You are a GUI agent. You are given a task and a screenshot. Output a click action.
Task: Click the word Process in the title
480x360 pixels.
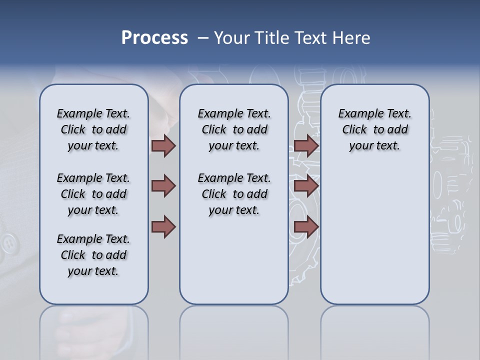[x=154, y=38]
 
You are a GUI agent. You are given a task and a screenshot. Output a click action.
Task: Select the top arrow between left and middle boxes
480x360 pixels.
[x=163, y=146]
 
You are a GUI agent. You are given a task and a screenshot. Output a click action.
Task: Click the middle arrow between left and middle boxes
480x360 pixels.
[x=163, y=186]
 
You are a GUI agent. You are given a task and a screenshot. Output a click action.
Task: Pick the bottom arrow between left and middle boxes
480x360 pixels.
[x=163, y=227]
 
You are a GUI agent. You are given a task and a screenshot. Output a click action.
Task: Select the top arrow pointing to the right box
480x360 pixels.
[x=306, y=146]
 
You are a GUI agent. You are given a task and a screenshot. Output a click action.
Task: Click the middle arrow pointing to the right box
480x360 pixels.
[x=306, y=186]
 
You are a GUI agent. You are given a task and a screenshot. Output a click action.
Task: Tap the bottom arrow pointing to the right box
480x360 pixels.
[x=306, y=227]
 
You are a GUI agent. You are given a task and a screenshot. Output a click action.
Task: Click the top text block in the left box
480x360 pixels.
[x=93, y=129]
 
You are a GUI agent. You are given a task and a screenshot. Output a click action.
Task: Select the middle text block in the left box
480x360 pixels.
[x=93, y=194]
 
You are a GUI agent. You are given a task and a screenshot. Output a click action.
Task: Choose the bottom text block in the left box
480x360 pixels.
[x=93, y=255]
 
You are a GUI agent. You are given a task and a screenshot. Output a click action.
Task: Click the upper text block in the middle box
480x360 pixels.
[x=234, y=129]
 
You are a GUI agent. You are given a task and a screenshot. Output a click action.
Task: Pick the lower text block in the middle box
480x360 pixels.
[x=234, y=194]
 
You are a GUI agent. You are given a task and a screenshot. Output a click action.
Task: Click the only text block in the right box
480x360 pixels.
[x=374, y=129]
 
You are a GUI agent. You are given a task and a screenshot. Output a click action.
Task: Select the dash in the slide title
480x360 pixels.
[x=203, y=38]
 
